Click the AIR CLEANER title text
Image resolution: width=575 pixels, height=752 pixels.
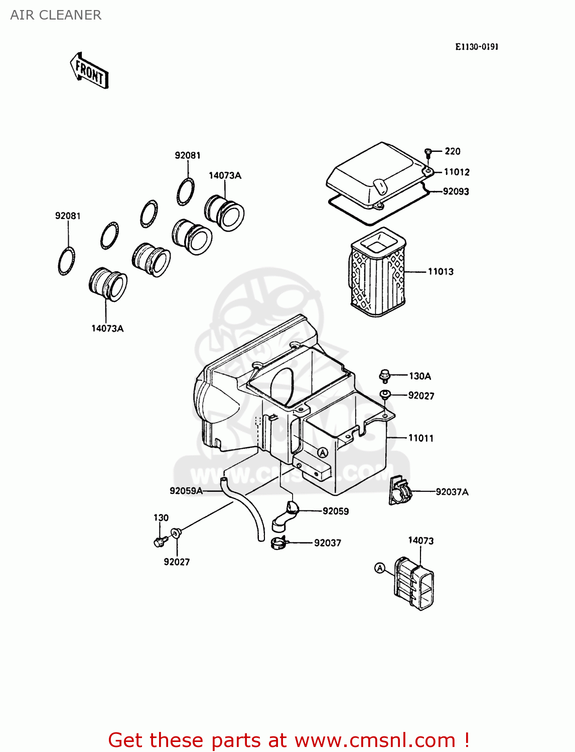[x=56, y=15]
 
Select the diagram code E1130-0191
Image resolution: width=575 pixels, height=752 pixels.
[x=477, y=47]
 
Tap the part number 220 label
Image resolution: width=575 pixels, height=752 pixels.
[x=452, y=151]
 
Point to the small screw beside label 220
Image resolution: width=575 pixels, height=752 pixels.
[x=428, y=151]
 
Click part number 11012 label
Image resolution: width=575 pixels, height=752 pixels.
[x=457, y=172]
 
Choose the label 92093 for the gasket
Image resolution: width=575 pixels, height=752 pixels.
[x=456, y=191]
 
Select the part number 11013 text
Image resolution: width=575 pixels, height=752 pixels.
[x=441, y=271]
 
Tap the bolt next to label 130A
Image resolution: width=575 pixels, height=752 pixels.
[x=385, y=375]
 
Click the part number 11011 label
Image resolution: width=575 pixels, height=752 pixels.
[x=420, y=438]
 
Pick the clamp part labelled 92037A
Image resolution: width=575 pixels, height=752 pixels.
[x=400, y=491]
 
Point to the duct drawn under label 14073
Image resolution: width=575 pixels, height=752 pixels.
[x=414, y=583]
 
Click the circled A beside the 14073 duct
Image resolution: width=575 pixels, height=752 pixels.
[x=380, y=568]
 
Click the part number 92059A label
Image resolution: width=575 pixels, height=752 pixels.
[x=186, y=490]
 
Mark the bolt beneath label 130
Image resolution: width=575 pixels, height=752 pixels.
[x=160, y=541]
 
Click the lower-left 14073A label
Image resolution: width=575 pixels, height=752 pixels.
[x=107, y=328]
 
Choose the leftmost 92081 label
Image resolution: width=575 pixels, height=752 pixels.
[x=68, y=216]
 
